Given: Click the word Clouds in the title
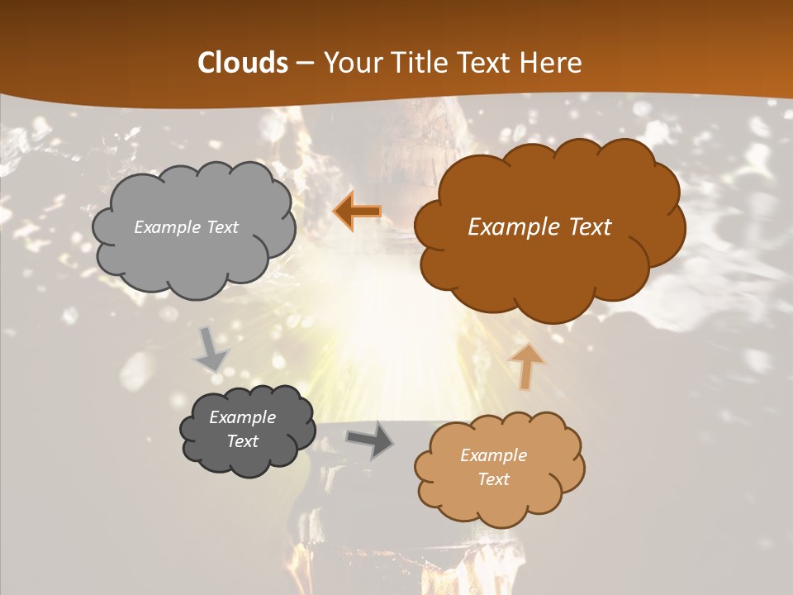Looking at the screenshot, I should [x=243, y=63].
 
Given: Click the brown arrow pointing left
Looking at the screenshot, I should [x=357, y=212].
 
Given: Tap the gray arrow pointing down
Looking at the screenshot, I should [x=211, y=350].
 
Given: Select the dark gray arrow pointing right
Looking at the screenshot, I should [x=370, y=440].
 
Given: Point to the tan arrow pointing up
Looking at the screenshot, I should [x=526, y=366].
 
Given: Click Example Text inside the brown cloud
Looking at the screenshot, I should [x=539, y=227].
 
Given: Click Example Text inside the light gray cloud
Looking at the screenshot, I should [x=186, y=227].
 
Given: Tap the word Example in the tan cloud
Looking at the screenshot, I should [x=493, y=455].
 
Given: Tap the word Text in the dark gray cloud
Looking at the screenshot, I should [x=242, y=441].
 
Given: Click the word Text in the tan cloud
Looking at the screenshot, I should [x=493, y=479].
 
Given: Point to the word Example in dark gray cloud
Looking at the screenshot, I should [x=242, y=417].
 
